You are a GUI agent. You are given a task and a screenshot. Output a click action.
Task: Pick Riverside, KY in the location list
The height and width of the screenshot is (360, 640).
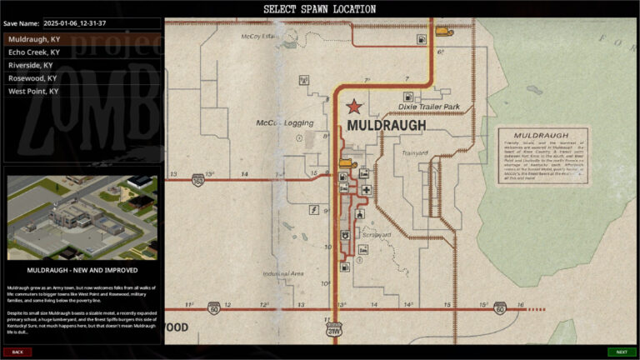pyautogui.click(x=30, y=65)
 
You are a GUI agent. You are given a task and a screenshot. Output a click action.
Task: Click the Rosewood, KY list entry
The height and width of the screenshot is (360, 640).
pyautogui.click(x=32, y=78)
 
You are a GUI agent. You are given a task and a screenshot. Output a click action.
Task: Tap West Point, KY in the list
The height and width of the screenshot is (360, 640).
pyautogui.click(x=33, y=91)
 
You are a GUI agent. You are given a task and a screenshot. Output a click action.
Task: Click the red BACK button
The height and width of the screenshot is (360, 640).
pyautogui.click(x=17, y=352)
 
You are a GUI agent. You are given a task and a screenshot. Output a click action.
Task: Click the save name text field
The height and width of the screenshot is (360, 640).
pyautogui.click(x=101, y=23)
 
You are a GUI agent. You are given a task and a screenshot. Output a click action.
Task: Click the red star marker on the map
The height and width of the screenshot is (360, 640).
pyautogui.click(x=355, y=107)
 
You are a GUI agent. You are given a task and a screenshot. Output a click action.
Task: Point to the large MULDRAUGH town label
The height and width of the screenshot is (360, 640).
pyautogui.click(x=386, y=126)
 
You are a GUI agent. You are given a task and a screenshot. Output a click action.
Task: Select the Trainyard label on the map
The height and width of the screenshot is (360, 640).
pyautogui.click(x=414, y=153)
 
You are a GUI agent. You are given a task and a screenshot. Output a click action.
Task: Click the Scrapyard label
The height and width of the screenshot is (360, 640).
pyautogui.click(x=377, y=235)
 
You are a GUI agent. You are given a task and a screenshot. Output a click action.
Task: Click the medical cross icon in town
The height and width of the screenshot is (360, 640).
pyautogui.click(x=366, y=191)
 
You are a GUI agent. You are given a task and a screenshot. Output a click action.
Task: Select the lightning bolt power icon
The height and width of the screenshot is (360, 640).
pyautogui.click(x=315, y=209)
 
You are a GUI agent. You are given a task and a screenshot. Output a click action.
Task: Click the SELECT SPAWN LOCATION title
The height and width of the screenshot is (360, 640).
pyautogui.click(x=319, y=9)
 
